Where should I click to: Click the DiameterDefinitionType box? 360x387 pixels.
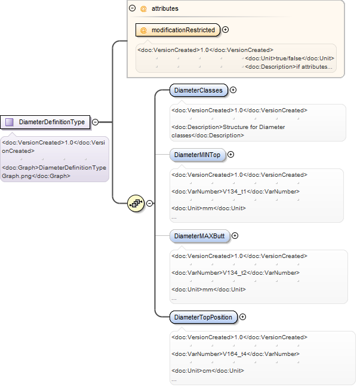point(45,122)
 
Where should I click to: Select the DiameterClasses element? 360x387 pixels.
point(198,90)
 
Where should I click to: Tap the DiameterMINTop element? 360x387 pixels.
point(198,155)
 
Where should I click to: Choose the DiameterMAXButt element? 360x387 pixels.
point(199,236)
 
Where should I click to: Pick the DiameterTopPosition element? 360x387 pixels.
point(204,317)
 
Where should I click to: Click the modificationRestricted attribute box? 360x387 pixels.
point(178,30)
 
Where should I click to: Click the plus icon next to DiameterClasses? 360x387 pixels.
point(233,90)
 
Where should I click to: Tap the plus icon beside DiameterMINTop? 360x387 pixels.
point(230,155)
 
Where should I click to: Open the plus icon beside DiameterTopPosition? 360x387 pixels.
point(243,317)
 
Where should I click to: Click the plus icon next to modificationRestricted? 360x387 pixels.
point(225,30)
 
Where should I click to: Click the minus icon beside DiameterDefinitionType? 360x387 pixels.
point(96,122)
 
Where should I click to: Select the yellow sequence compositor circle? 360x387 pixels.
point(136,204)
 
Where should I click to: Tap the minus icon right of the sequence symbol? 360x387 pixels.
point(149,203)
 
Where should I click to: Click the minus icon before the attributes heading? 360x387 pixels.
point(133,8)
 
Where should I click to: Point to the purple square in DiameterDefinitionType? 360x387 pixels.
point(10,122)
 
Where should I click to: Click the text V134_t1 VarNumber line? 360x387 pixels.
point(235,192)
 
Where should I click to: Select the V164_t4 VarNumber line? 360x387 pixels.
point(235,354)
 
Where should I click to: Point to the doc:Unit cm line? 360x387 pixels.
point(208,371)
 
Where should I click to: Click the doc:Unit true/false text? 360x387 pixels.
point(290,59)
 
